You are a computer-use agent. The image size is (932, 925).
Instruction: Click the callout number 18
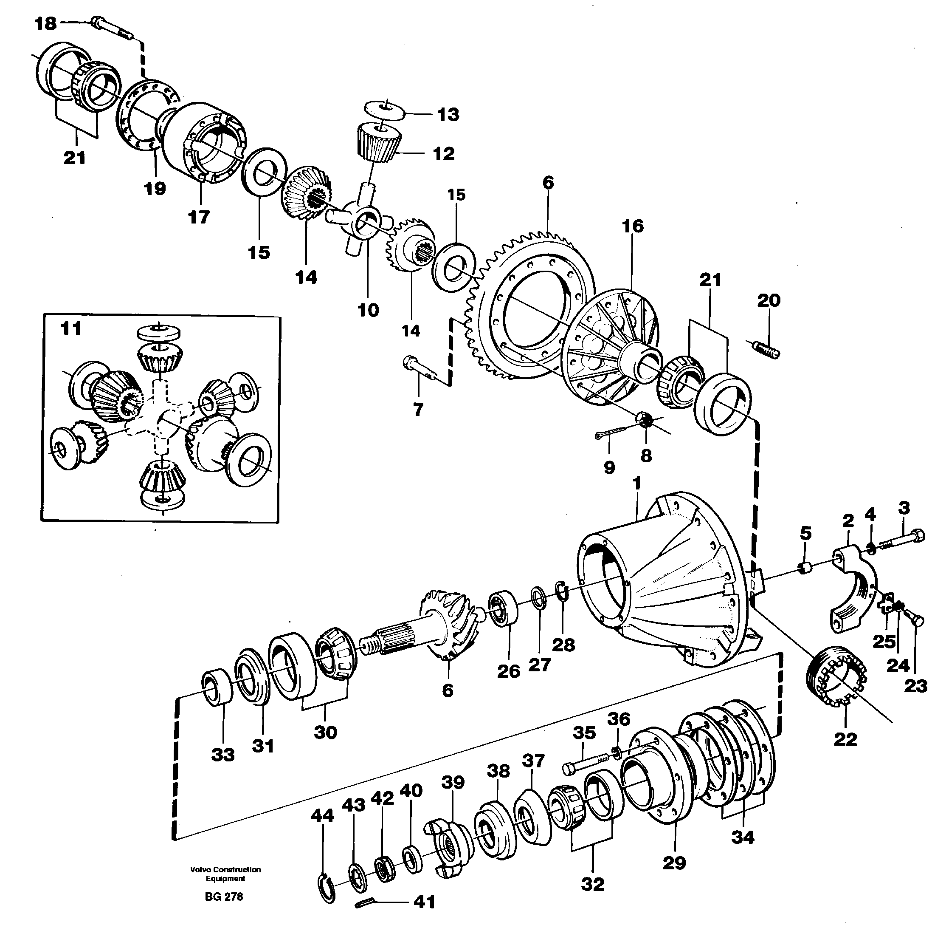pyautogui.click(x=45, y=23)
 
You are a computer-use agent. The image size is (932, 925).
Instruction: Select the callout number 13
pyautogui.click(x=448, y=114)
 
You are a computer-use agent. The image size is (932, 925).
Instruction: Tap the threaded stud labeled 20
pyautogui.click(x=766, y=350)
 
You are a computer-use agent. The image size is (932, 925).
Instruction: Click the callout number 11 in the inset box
pyautogui.click(x=71, y=329)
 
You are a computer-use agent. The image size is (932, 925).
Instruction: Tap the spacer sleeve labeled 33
pyautogui.click(x=217, y=687)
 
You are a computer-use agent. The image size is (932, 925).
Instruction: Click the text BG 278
pyautogui.click(x=224, y=897)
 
